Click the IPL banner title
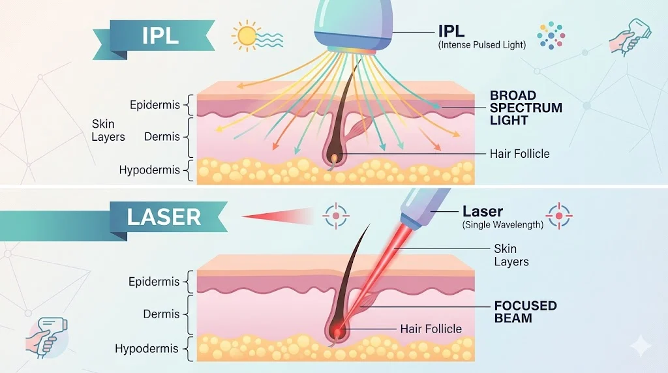point(160,36)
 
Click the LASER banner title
point(164,216)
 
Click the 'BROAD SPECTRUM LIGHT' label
point(526,108)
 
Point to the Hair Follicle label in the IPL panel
point(519,154)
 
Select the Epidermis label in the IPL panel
point(154,105)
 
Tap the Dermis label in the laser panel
point(161,314)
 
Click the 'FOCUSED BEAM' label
point(524,312)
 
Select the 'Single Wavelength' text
point(502,224)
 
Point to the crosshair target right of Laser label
point(559,214)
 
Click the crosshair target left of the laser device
point(337,214)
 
